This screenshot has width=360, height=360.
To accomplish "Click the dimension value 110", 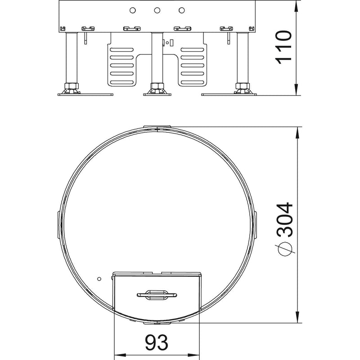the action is pos(284,47).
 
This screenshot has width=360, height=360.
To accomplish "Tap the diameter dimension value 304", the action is pos(285,220).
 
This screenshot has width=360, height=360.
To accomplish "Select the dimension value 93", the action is pos(157,342).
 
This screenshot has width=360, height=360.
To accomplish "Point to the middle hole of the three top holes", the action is pos(157,10).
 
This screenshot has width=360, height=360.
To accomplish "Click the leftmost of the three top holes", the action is pos(132,10).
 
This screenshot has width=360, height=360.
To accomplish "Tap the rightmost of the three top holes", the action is pos(182,10).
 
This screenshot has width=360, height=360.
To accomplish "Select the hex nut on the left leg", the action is pos(72,86).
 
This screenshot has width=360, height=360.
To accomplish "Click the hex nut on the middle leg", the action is pos(157,86).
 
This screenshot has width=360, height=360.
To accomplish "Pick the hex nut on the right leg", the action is pos(243,86).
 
